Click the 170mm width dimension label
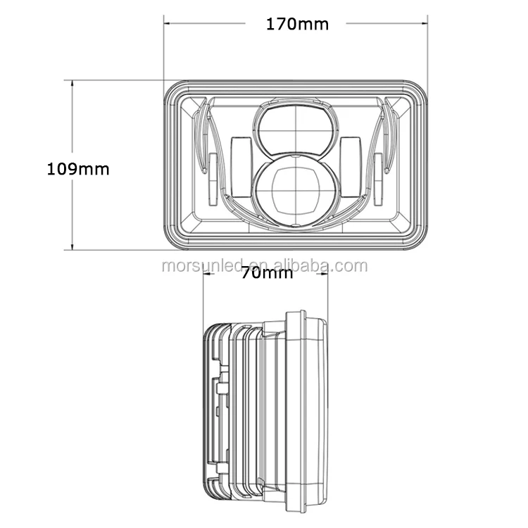(296, 24)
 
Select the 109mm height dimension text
(78, 169)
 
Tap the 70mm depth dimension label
(266, 273)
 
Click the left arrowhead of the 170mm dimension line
(168, 23)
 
